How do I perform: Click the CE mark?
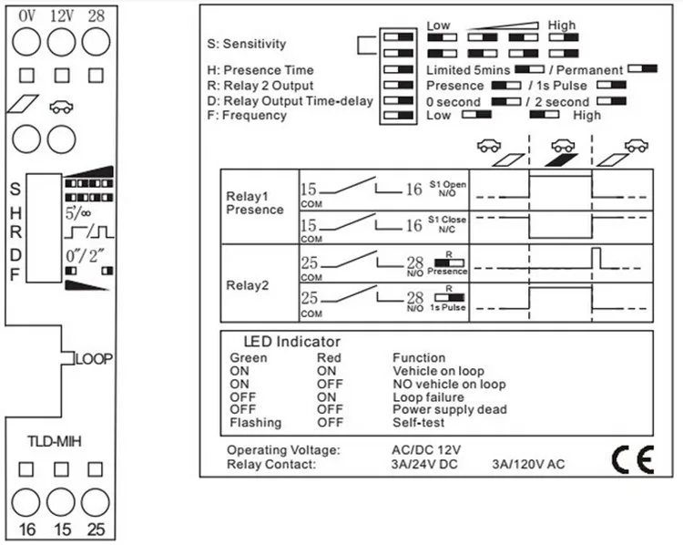(631, 458)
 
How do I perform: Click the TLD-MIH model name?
(56, 441)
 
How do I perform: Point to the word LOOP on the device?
(93, 359)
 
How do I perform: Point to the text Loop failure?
(428, 397)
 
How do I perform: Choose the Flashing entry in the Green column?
(255, 423)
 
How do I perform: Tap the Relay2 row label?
(247, 284)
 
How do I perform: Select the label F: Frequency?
(248, 115)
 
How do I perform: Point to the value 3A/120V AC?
(528, 464)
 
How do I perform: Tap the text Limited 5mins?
(468, 70)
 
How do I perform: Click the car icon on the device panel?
(62, 106)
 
